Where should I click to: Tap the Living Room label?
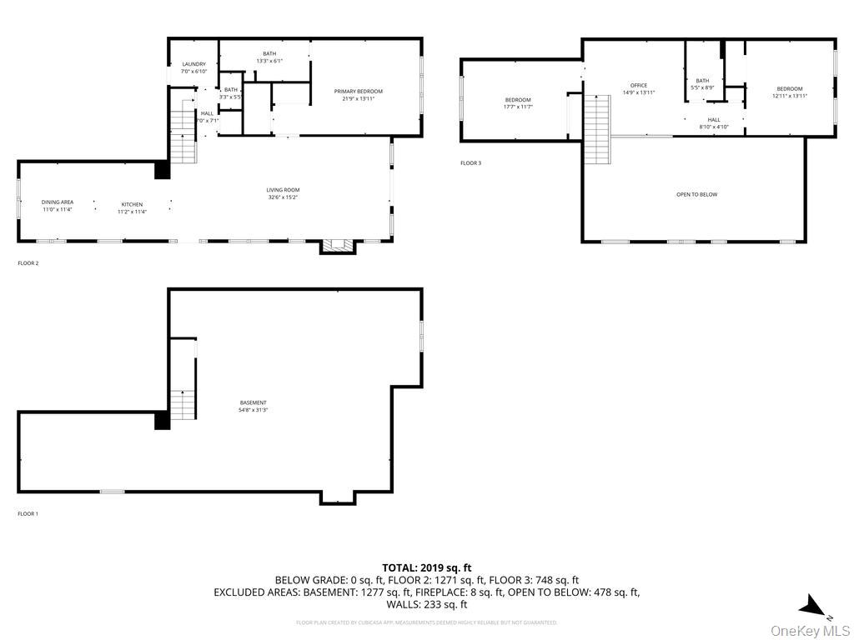[x=283, y=193]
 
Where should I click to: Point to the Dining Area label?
[x=58, y=205]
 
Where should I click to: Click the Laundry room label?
[x=193, y=67]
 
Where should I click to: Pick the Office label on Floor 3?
[x=639, y=88]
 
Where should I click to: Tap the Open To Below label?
[x=696, y=194]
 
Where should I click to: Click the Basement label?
[x=254, y=406]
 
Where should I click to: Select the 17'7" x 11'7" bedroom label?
[x=517, y=103]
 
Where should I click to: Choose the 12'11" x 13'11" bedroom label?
[x=790, y=92]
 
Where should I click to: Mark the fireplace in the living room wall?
[x=338, y=245]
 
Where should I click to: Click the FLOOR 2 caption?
[x=28, y=263]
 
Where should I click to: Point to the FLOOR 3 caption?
[x=471, y=163]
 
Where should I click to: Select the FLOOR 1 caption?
[x=28, y=514]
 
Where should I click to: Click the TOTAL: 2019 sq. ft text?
[x=426, y=567]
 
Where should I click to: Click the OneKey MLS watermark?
[x=810, y=630]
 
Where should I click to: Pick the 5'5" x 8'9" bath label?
[x=703, y=84]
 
